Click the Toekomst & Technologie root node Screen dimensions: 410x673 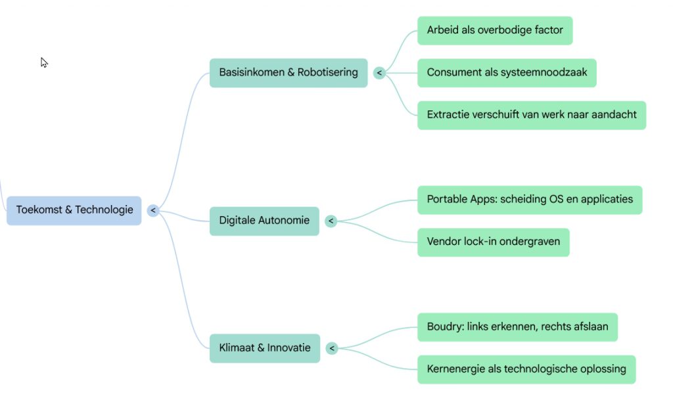pyautogui.click(x=74, y=210)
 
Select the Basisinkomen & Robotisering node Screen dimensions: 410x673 pyautogui.click(x=289, y=72)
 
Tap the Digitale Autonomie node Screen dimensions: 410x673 pyautogui.click(x=264, y=221)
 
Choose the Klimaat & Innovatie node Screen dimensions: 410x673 pyautogui.click(x=265, y=348)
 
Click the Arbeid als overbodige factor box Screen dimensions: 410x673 pyautogui.click(x=495, y=30)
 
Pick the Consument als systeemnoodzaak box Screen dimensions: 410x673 pyautogui.click(x=507, y=72)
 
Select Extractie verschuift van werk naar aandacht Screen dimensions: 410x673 pyautogui.click(x=532, y=115)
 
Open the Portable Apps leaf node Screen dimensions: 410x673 pyautogui.click(x=530, y=199)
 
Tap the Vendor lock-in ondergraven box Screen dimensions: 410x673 pyautogui.click(x=494, y=242)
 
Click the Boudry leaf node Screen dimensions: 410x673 pyautogui.click(x=517, y=327)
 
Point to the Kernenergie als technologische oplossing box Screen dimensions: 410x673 pyautogui.click(x=526, y=369)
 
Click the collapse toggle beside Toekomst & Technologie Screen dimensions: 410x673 pyautogui.click(x=153, y=210)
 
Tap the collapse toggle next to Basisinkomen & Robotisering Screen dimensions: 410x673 pyautogui.click(x=379, y=73)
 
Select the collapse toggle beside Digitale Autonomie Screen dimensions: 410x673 pyautogui.click(x=331, y=221)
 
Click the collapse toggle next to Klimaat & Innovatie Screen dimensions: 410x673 pyautogui.click(x=332, y=348)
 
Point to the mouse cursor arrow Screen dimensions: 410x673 pyautogui.click(x=43, y=62)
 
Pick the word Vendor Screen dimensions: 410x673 pyautogui.click(x=444, y=242)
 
